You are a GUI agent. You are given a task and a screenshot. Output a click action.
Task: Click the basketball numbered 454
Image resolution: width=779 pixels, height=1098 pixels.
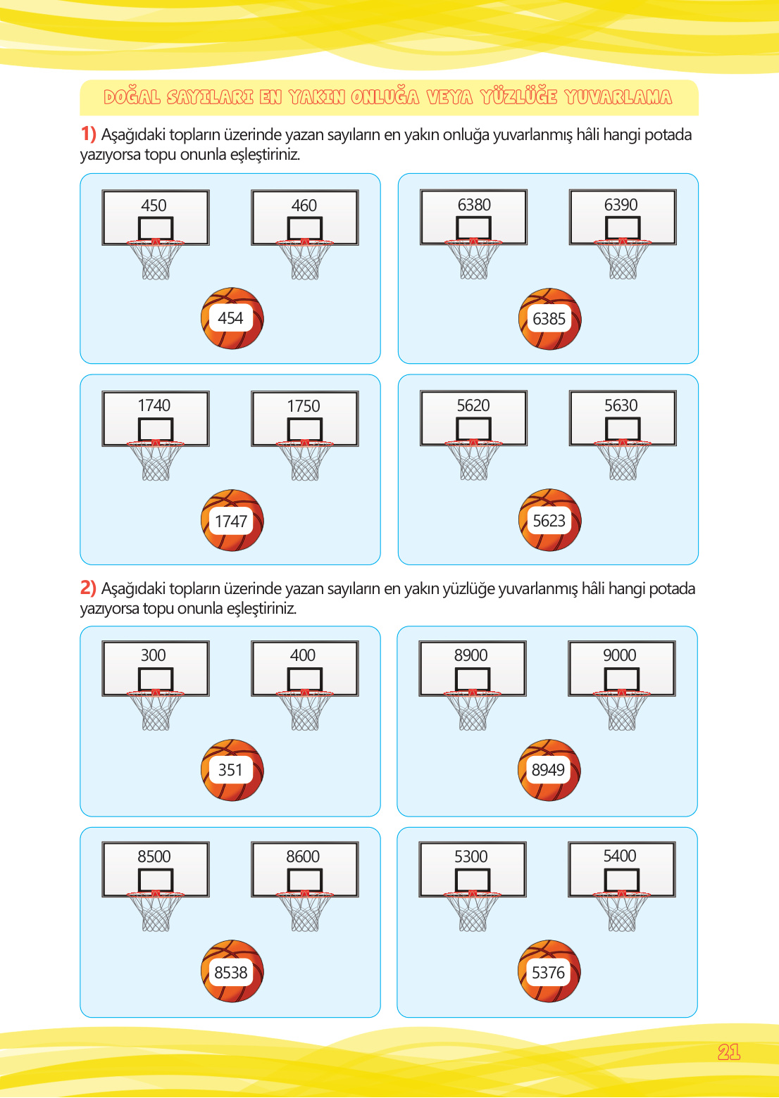(232, 318)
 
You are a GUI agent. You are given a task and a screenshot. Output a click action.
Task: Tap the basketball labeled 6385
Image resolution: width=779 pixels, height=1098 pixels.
(550, 319)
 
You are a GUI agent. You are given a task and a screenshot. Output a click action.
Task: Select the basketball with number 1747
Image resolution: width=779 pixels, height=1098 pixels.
(232, 520)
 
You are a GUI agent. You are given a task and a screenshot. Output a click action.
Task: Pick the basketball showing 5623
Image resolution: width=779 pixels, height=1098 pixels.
(550, 519)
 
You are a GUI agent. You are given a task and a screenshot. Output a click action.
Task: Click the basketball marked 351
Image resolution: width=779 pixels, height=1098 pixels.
(232, 769)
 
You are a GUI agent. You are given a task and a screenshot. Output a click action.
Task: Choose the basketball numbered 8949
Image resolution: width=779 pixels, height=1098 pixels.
(549, 769)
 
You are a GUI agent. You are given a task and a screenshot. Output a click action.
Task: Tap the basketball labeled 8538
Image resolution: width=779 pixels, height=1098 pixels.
(232, 971)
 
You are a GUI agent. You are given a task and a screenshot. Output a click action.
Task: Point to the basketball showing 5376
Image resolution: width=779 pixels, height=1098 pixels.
(549, 971)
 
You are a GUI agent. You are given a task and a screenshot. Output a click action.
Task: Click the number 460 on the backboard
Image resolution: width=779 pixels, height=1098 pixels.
(304, 206)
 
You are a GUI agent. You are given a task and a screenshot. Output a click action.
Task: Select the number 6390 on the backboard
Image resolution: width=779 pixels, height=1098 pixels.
(621, 204)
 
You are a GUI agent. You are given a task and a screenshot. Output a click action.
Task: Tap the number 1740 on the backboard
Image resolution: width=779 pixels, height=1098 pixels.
(154, 405)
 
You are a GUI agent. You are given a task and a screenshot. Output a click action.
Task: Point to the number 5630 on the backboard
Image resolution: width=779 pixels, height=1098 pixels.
(621, 405)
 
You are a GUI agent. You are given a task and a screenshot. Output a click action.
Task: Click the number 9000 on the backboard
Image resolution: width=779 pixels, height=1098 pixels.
(620, 655)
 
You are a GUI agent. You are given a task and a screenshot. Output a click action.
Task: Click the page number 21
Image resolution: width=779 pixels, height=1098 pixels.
(729, 1052)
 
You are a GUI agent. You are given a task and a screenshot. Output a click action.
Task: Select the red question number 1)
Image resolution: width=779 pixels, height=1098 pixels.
(88, 133)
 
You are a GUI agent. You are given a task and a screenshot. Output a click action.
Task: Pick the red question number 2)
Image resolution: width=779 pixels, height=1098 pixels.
(88, 587)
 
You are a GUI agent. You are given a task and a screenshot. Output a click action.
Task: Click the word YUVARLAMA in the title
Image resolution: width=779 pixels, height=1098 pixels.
(618, 97)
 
